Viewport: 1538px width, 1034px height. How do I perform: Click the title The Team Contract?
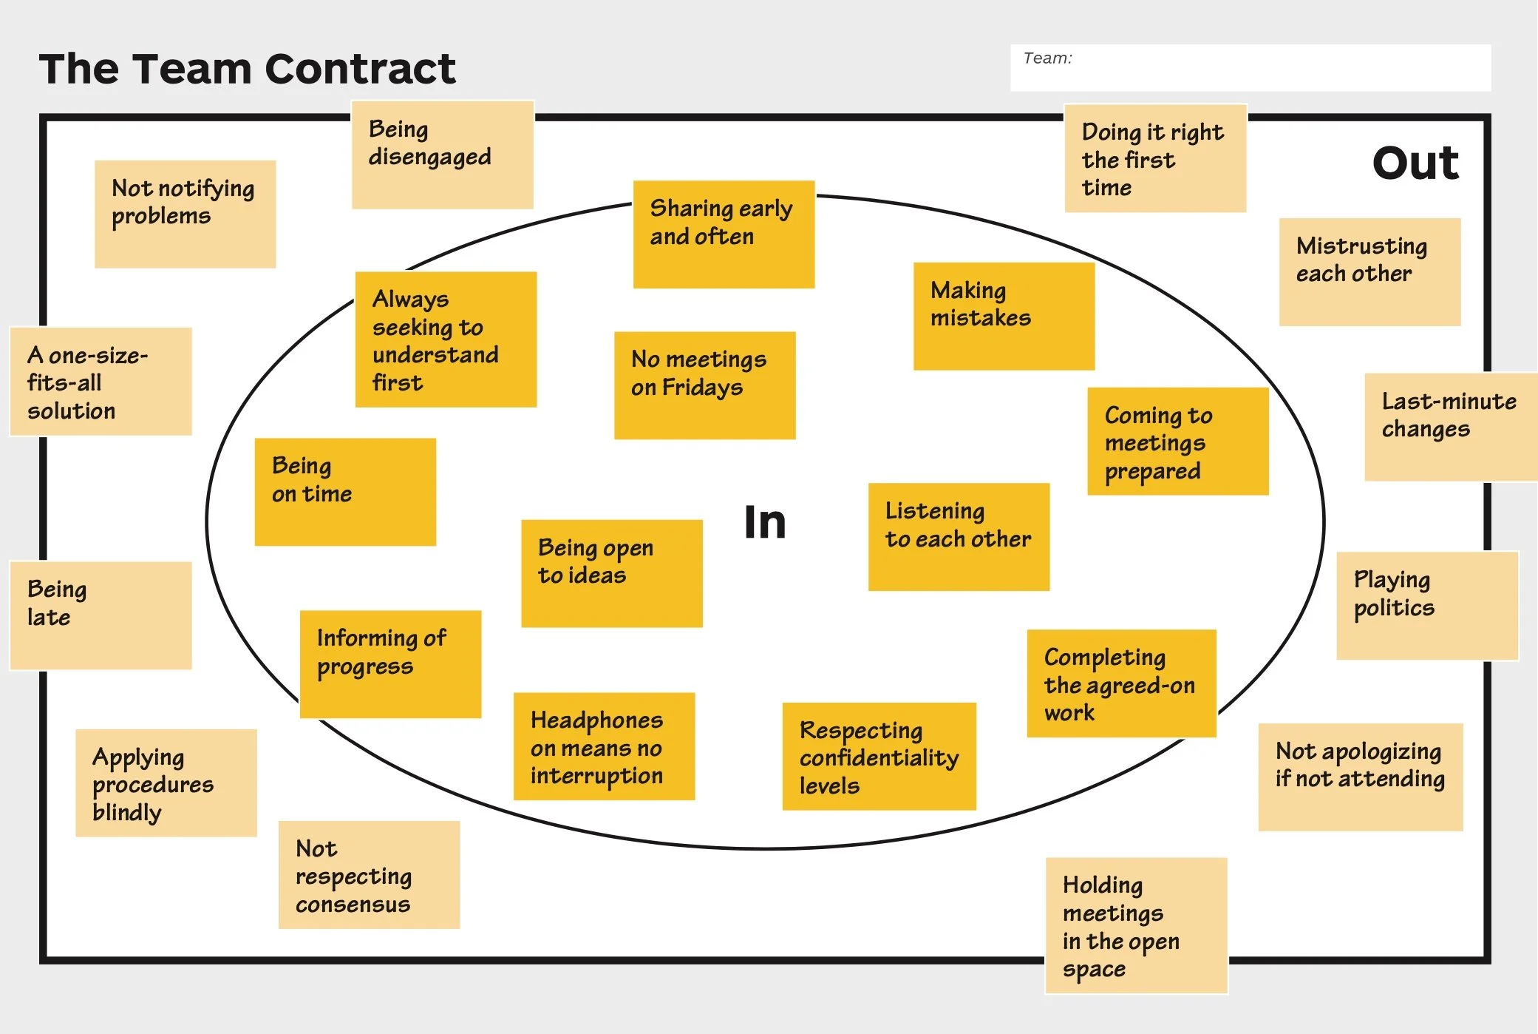tap(247, 69)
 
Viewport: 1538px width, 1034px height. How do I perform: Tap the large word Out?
tap(1415, 163)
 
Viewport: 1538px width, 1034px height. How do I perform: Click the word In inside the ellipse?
tap(765, 522)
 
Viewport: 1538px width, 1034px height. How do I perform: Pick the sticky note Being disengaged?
tap(442, 155)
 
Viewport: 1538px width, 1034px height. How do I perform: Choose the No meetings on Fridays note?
tap(704, 385)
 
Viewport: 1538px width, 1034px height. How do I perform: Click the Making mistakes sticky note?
tap(1004, 316)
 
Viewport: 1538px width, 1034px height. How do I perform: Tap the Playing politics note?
tap(1427, 606)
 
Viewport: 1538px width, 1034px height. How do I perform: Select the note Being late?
tap(101, 615)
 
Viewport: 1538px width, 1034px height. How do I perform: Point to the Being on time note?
tap(345, 492)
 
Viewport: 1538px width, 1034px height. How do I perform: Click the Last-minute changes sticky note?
tap(1450, 428)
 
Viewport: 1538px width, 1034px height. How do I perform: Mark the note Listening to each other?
tap(959, 537)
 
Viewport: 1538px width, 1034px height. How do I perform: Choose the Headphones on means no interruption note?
tap(604, 746)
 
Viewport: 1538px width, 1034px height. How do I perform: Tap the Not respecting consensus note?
tap(369, 875)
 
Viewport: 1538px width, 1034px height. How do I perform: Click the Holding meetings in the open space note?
tap(1136, 925)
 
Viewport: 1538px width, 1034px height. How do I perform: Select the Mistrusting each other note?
tap(1369, 271)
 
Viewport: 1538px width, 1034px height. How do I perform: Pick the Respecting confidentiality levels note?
tap(879, 757)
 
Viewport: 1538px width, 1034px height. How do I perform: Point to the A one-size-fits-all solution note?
tap(101, 382)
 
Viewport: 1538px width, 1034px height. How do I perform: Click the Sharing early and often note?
tap(724, 234)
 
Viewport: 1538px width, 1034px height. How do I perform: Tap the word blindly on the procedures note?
tap(127, 812)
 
